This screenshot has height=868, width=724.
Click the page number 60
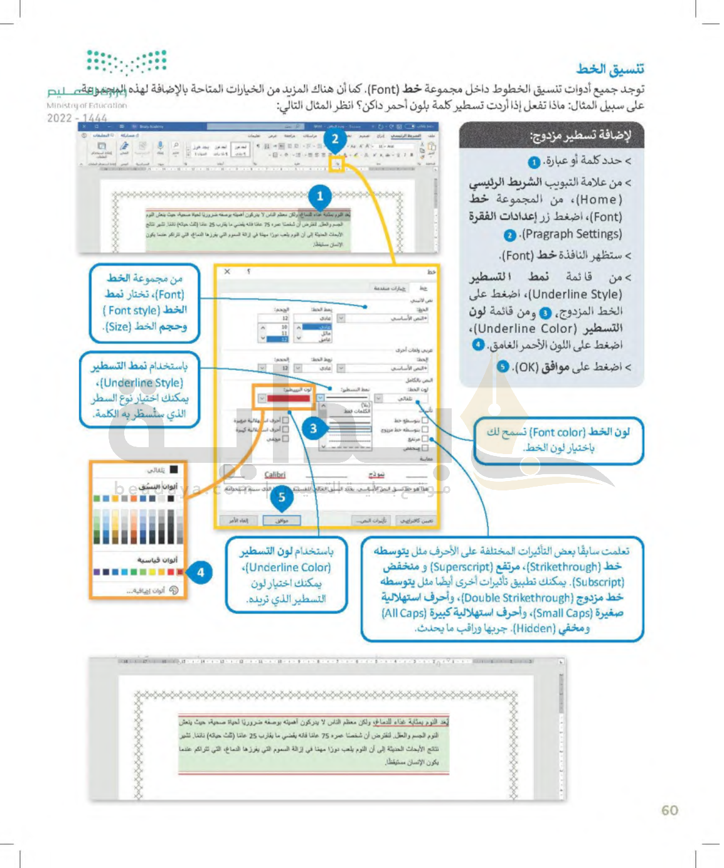click(669, 810)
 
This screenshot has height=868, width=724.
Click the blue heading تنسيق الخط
click(610, 69)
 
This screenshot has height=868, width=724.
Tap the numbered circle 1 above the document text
click(320, 196)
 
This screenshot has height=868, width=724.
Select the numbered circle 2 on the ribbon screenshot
click(335, 139)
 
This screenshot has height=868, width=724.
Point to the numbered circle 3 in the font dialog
click(314, 429)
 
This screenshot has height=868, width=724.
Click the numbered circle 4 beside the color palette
click(200, 572)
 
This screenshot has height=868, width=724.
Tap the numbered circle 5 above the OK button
click(282, 497)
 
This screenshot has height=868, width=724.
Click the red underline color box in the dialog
click(289, 398)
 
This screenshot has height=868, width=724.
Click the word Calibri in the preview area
click(275, 475)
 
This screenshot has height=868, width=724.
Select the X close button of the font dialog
click(227, 272)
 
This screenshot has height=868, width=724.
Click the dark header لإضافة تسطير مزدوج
click(580, 135)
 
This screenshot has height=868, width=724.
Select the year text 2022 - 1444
click(77, 118)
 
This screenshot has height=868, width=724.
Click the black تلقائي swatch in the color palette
click(174, 469)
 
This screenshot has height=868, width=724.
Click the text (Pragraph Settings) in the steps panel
click(571, 235)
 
